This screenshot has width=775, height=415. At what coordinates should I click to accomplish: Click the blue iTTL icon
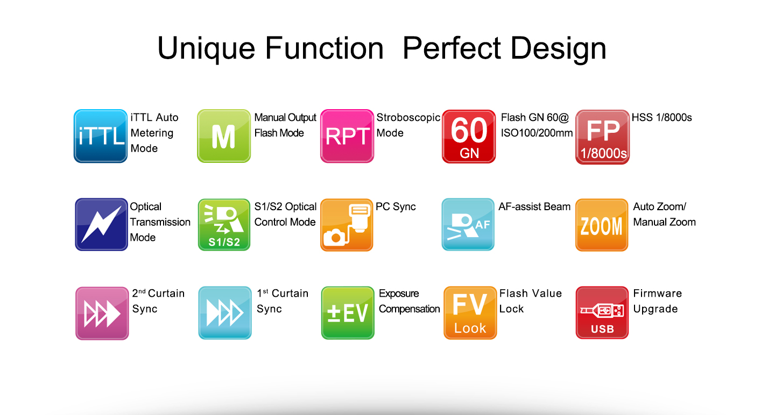click(x=100, y=136)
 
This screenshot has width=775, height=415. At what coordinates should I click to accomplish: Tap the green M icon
click(x=224, y=136)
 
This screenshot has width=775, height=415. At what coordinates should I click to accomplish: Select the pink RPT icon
click(x=347, y=136)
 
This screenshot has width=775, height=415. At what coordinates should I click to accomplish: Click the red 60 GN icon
click(x=469, y=136)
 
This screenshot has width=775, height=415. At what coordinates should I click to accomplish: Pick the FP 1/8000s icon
click(x=602, y=137)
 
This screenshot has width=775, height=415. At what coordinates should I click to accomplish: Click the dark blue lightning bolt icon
click(x=101, y=224)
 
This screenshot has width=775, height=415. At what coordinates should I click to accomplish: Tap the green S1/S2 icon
click(x=224, y=225)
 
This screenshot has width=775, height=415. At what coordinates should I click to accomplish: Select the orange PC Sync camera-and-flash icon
click(x=347, y=225)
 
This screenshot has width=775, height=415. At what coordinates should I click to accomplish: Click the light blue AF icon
click(x=468, y=224)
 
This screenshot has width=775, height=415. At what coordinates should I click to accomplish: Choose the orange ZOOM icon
click(x=602, y=225)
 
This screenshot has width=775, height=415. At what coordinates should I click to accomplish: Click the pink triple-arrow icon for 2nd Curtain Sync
click(x=102, y=313)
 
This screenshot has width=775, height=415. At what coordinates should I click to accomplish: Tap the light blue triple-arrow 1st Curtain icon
click(x=225, y=313)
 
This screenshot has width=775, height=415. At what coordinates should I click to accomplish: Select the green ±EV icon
click(x=348, y=313)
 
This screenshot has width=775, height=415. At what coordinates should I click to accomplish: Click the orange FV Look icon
click(x=470, y=313)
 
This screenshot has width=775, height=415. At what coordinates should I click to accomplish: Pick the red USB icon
click(x=602, y=312)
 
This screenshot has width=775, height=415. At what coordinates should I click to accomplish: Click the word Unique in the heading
click(x=206, y=49)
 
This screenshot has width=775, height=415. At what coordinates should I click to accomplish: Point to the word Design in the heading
click(x=558, y=49)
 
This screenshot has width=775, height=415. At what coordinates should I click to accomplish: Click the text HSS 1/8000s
click(x=661, y=118)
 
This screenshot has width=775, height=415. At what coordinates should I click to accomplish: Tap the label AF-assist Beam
click(x=534, y=206)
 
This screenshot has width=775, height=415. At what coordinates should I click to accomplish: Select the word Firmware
click(x=657, y=294)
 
